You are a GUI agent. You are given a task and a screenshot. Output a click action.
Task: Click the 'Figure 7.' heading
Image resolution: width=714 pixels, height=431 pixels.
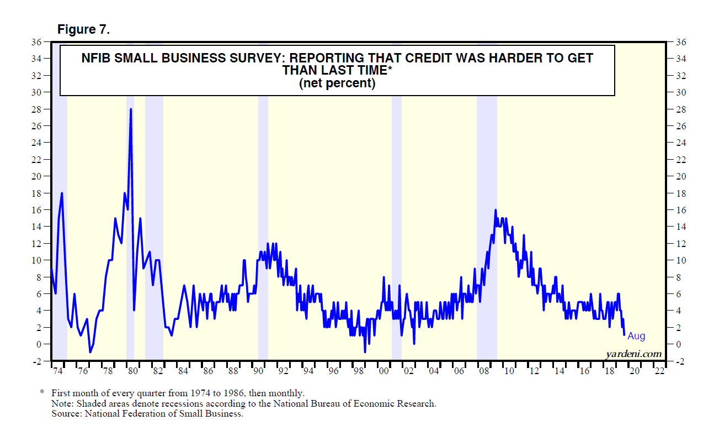[x=84, y=30]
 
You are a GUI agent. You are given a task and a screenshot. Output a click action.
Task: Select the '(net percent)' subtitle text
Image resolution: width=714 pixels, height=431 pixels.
[x=337, y=83]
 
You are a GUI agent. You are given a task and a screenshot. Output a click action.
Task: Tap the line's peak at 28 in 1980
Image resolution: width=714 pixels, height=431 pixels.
[x=131, y=109]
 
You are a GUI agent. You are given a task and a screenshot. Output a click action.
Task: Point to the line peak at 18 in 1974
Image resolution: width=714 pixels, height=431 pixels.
[x=62, y=193]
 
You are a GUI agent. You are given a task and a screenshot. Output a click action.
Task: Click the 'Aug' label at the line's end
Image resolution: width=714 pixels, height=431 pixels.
[x=636, y=336]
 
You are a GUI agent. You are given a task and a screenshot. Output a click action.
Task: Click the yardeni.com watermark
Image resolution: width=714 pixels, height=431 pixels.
[x=633, y=354]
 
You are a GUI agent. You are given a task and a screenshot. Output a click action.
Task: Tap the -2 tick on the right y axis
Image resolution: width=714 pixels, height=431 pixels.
[x=680, y=361]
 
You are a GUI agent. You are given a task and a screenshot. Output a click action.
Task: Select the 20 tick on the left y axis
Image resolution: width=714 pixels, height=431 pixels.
[x=38, y=176]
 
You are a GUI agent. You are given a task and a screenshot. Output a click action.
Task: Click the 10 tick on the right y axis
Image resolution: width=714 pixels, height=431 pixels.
[x=680, y=260]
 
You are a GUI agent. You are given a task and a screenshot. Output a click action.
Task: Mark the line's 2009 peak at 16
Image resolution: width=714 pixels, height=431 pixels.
[x=495, y=211]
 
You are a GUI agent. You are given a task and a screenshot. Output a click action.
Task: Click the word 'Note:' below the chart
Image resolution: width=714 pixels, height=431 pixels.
[x=62, y=403]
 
